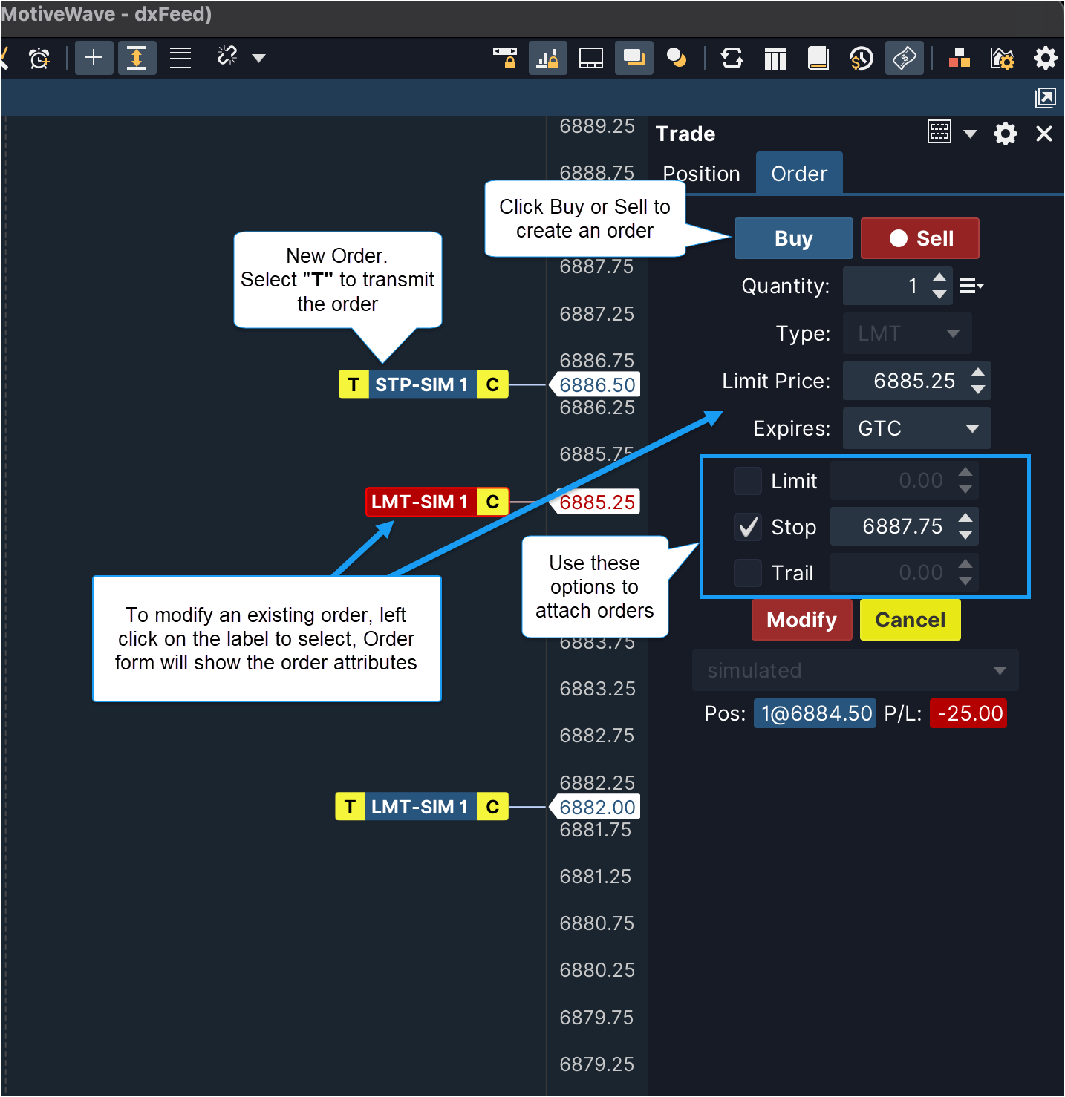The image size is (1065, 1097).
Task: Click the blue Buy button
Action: pyautogui.click(x=793, y=238)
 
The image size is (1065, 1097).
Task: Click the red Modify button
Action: pyautogui.click(x=801, y=620)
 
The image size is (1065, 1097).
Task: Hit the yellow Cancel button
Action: pyautogui.click(x=909, y=620)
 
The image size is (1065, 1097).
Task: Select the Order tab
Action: pyautogui.click(x=799, y=174)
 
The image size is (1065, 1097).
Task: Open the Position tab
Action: pyautogui.click(x=701, y=174)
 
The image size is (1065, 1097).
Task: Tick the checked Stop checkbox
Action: pyautogui.click(x=747, y=526)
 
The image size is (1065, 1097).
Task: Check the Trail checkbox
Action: pyautogui.click(x=747, y=573)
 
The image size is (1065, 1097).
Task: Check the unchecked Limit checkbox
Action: pyautogui.click(x=747, y=480)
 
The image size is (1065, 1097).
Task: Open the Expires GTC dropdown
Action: pyautogui.click(x=916, y=428)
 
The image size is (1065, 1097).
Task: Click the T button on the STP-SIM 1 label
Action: pyautogui.click(x=354, y=384)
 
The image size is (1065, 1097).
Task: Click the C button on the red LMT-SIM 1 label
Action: pyautogui.click(x=492, y=502)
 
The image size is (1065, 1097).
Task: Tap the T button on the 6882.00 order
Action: pyautogui.click(x=351, y=807)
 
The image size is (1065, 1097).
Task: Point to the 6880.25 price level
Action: pyautogui.click(x=597, y=970)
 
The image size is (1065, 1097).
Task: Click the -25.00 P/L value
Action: pyautogui.click(x=968, y=713)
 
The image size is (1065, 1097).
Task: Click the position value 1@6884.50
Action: pyautogui.click(x=815, y=713)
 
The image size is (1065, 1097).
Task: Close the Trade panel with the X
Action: pyautogui.click(x=1043, y=134)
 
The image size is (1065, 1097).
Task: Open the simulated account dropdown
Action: pyautogui.click(x=855, y=670)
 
